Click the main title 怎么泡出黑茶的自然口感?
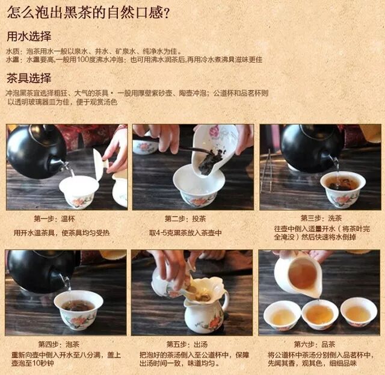88,12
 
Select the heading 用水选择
29,36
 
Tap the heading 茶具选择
29,78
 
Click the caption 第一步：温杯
54,218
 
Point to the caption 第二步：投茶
185,218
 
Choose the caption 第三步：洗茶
321,218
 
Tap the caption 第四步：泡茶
59,344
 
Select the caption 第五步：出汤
187,344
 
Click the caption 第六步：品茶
315,344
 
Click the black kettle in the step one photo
35,150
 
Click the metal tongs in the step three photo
267,170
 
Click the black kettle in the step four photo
40,271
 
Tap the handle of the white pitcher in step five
226,300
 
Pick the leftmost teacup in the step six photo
282,315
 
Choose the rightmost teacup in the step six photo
359,312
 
